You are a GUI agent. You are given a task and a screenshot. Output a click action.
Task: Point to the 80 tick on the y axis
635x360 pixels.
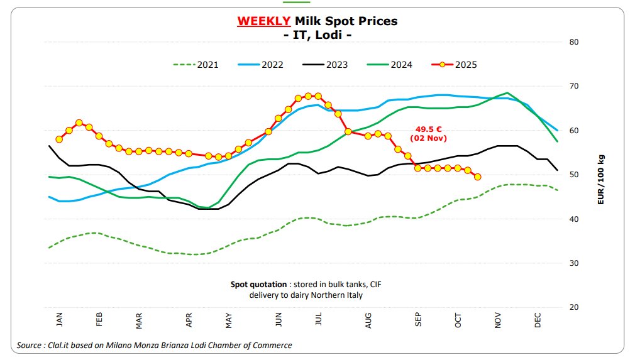[x=573, y=42]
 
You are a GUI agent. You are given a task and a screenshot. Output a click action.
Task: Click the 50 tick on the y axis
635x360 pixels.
[x=573, y=175]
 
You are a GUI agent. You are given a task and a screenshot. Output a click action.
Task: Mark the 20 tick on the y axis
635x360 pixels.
[x=573, y=307]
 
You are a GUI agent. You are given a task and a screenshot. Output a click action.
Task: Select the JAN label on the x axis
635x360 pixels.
[x=60, y=320]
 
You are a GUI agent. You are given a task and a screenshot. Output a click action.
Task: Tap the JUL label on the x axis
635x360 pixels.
[x=319, y=320]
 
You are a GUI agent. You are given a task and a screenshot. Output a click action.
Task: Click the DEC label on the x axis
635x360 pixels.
[x=538, y=320]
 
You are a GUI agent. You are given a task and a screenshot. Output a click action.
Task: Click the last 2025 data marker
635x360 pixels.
[x=477, y=177]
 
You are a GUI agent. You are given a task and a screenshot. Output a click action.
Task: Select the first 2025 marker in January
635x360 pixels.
[x=59, y=139]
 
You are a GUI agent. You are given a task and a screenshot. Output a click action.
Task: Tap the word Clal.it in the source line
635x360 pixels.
[x=60, y=345]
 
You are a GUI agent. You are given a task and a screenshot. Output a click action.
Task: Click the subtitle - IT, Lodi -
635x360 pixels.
[x=317, y=35]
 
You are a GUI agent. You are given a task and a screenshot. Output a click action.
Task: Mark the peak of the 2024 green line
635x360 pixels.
[x=507, y=93]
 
